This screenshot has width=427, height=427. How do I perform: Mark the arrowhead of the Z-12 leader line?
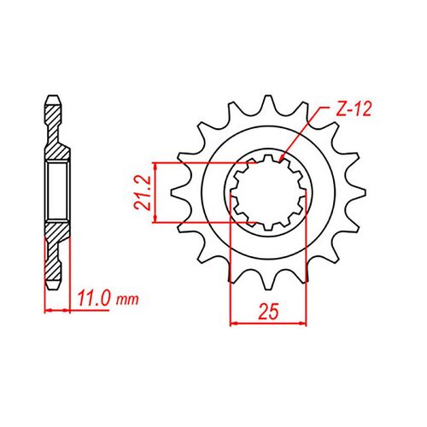(x=282, y=159)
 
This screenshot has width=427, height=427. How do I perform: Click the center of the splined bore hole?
(x=267, y=192)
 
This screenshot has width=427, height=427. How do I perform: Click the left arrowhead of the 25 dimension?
(x=234, y=323)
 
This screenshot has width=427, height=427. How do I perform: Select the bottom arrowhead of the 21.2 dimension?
(x=154, y=220)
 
